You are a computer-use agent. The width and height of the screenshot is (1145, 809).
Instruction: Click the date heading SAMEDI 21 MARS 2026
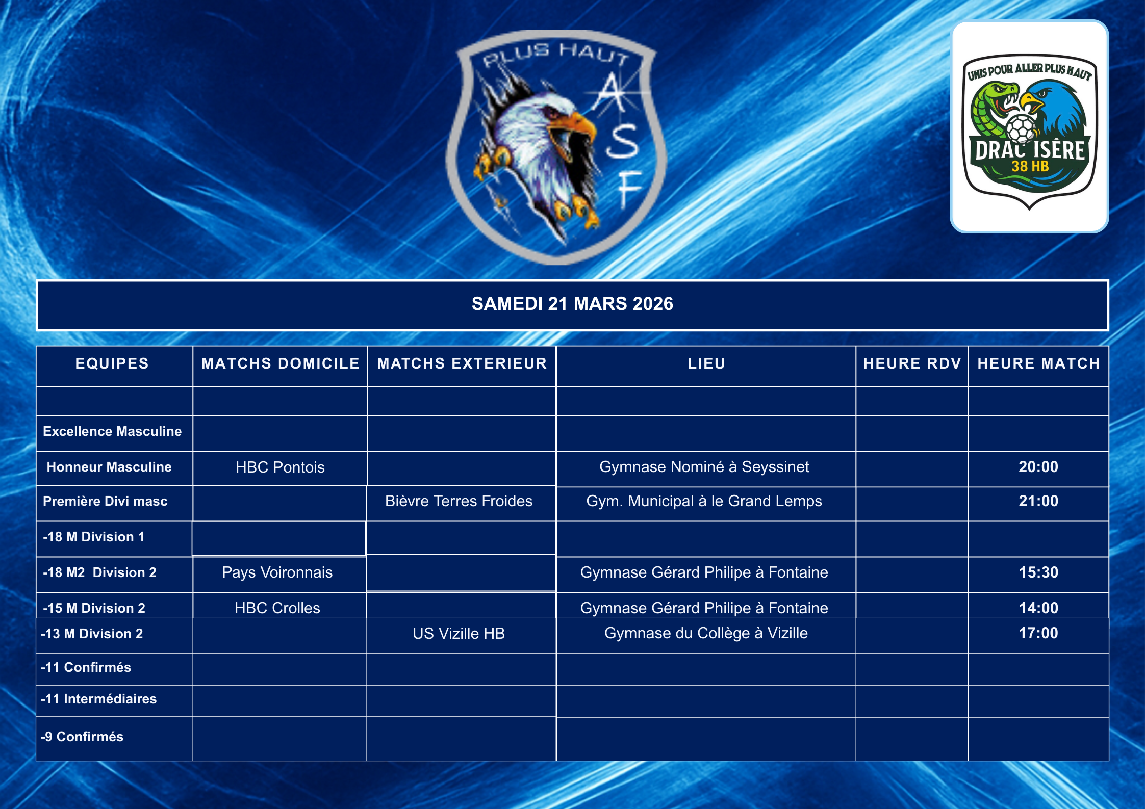[x=572, y=304]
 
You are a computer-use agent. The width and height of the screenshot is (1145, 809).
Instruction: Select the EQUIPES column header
[x=112, y=363]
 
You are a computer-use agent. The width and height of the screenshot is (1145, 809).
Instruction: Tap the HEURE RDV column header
[x=912, y=363]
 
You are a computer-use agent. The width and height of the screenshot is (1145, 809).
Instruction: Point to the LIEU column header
[x=706, y=363]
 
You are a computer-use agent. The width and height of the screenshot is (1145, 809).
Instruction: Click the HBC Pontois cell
[x=280, y=467]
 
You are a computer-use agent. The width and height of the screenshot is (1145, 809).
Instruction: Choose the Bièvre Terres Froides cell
[x=459, y=501]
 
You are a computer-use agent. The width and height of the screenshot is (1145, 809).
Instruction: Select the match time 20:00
[x=1038, y=467]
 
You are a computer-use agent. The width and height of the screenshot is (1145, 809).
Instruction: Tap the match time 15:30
[x=1038, y=572]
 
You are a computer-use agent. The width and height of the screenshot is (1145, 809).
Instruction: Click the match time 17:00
[x=1038, y=633]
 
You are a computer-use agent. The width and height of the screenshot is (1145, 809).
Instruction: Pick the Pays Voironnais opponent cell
[x=277, y=572]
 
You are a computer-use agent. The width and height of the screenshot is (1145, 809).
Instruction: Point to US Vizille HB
[x=459, y=633]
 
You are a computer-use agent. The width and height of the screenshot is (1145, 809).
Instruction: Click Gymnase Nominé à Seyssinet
[x=704, y=467]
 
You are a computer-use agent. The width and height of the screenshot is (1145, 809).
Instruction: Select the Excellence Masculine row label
[x=112, y=431]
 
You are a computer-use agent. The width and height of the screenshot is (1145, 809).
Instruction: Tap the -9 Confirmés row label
[x=82, y=737]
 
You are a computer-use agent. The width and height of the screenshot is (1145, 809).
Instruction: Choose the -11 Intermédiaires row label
[x=99, y=699]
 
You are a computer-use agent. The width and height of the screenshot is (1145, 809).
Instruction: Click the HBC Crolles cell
[x=277, y=608]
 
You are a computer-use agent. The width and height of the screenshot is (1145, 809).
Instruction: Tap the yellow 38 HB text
[x=1030, y=166]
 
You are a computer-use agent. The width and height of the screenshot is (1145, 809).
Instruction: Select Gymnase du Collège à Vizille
[x=706, y=633]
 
